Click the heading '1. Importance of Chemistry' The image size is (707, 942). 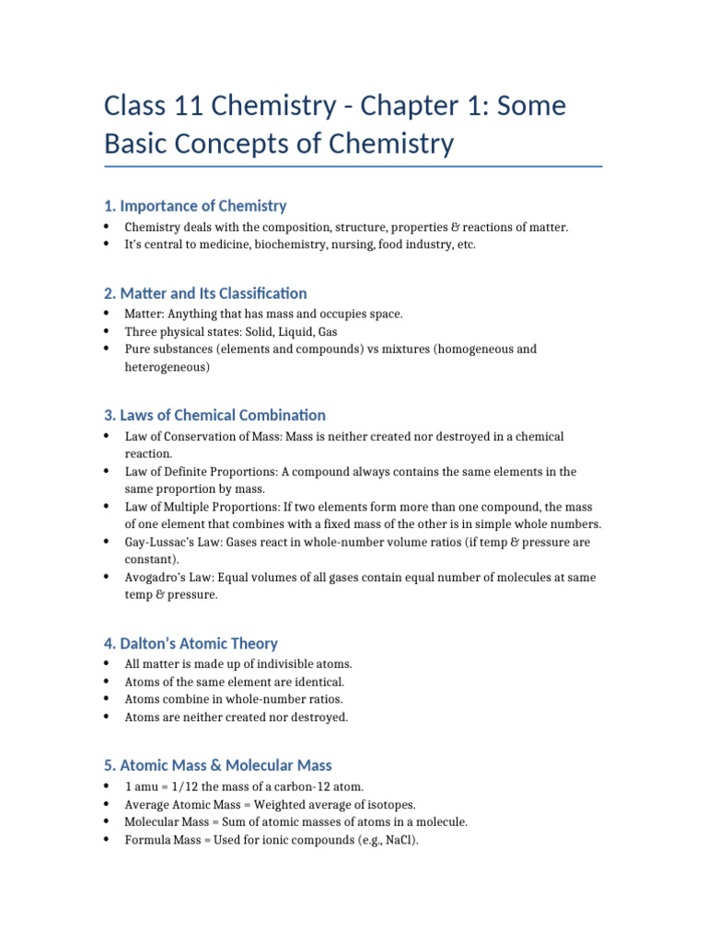[x=195, y=206]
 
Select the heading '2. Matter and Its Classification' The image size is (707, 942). [x=205, y=293]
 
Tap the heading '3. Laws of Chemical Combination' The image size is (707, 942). [x=214, y=416]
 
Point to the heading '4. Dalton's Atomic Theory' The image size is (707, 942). [x=191, y=644]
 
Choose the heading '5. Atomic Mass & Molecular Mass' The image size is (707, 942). [x=217, y=765]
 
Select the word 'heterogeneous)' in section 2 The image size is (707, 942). [x=168, y=367]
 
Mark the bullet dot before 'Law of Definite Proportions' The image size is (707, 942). [x=107, y=472]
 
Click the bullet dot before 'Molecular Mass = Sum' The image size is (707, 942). [x=107, y=822]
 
